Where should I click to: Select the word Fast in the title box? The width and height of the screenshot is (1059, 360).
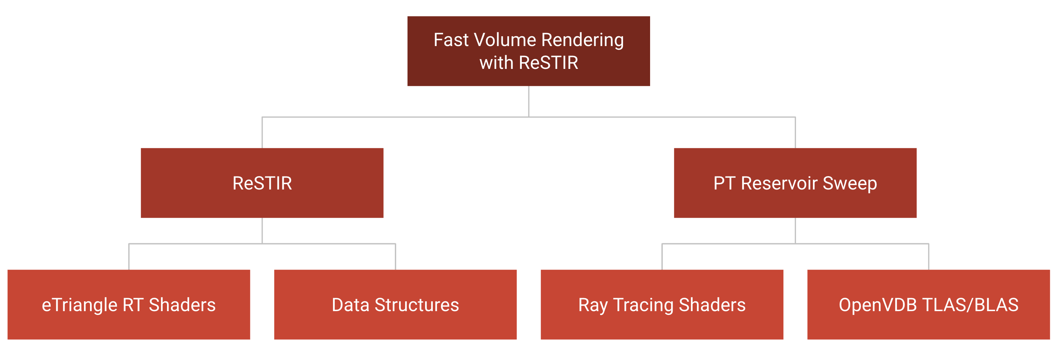(451, 40)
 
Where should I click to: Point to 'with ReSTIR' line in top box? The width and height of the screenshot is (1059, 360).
(529, 63)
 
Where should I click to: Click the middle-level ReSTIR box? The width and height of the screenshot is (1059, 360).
(262, 183)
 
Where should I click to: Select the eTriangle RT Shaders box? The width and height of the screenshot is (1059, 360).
(129, 304)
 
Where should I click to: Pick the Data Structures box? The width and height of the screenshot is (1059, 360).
(395, 304)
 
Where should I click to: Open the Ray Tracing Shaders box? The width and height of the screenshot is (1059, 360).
(662, 304)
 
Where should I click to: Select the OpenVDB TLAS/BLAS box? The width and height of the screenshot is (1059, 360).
(928, 304)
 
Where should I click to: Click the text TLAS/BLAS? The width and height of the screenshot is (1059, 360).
(970, 305)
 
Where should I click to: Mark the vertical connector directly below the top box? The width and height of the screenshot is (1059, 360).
(529, 102)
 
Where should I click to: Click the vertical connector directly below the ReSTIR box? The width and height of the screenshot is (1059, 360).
(262, 231)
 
